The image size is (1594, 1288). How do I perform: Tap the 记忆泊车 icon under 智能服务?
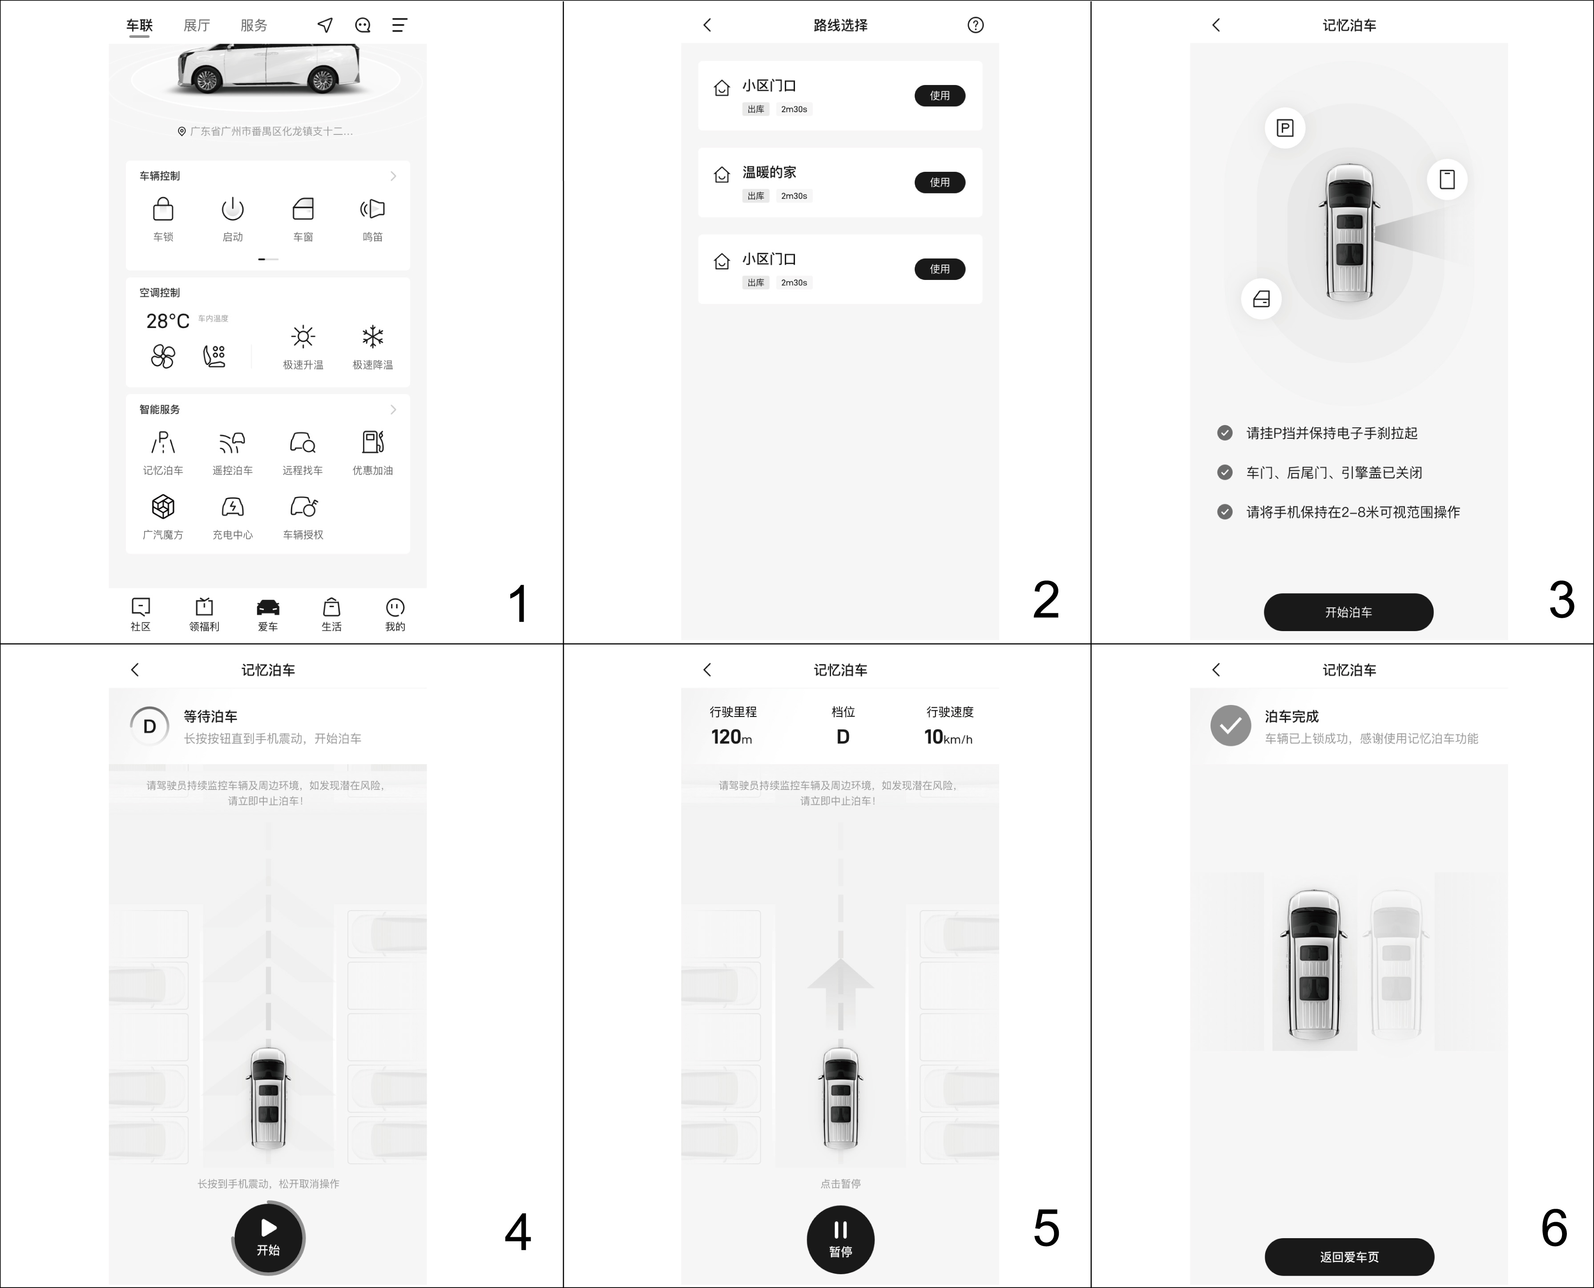tap(163, 443)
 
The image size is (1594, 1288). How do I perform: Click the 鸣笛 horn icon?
tap(372, 209)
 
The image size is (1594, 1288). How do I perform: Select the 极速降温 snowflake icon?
tap(372, 337)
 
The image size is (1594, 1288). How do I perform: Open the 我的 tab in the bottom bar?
tap(395, 608)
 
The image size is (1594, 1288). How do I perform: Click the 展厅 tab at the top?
tap(197, 25)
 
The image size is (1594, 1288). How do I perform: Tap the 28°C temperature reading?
tap(168, 321)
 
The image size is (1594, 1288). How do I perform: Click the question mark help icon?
tap(975, 25)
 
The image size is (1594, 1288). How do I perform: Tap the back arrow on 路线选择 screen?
tap(707, 25)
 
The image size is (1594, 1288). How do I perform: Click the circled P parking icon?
tap(1285, 128)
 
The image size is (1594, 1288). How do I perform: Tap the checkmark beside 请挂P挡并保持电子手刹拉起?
tap(1225, 433)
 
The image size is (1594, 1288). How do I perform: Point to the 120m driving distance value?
tap(731, 737)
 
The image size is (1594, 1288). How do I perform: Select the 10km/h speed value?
tap(948, 737)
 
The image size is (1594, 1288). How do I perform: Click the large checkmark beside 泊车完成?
tap(1231, 725)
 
